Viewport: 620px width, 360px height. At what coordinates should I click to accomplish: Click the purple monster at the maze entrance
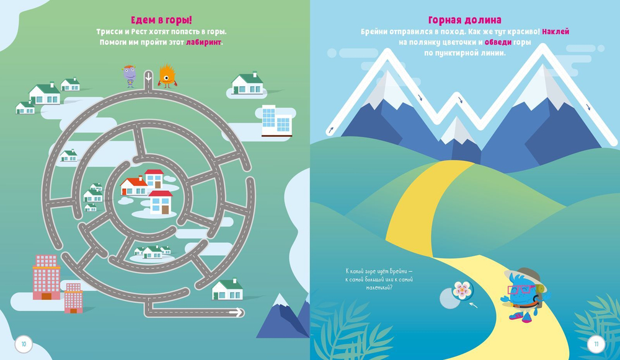click(130, 76)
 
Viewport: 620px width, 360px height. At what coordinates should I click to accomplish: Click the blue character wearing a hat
click(523, 294)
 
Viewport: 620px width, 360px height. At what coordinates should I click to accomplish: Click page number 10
click(24, 343)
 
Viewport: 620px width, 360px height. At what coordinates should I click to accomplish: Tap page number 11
click(596, 343)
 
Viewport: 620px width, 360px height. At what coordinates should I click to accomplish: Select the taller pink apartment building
click(46, 278)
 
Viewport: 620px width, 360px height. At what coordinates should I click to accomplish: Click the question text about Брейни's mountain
click(378, 279)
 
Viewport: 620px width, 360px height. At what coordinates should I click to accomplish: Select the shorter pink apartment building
click(73, 297)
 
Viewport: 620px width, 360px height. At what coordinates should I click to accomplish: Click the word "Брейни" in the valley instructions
click(379, 31)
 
